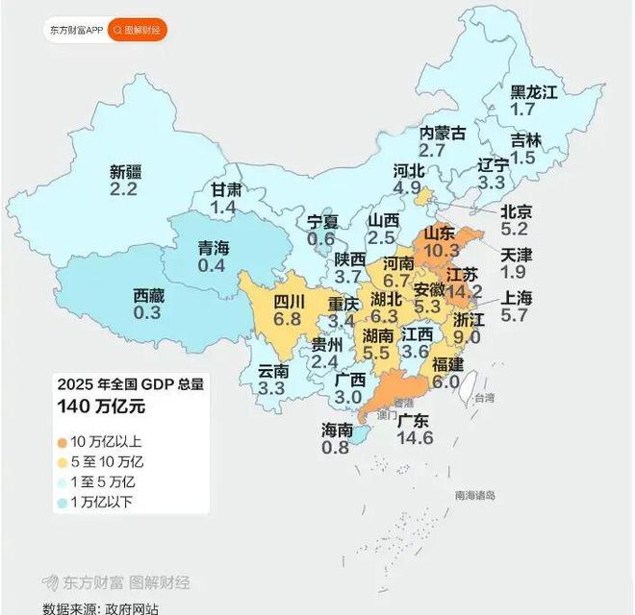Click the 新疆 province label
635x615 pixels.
[x=125, y=172]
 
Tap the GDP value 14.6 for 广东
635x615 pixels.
[x=420, y=438]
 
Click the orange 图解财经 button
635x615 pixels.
[x=138, y=30]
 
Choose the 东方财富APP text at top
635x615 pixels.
[x=76, y=30]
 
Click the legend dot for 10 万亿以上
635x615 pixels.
[x=62, y=442]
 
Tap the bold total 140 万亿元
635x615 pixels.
[x=101, y=406]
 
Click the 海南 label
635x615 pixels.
[x=337, y=430]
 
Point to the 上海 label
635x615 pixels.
[x=516, y=296]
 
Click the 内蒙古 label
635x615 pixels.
[x=443, y=133]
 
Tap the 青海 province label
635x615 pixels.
[x=214, y=247]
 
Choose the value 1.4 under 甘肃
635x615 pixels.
[x=224, y=208]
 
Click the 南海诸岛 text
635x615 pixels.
[x=475, y=495]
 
